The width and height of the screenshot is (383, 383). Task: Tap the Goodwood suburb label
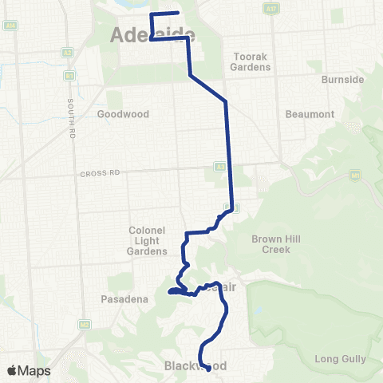tap(123, 114)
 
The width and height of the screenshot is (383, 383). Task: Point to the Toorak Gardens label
tap(252, 61)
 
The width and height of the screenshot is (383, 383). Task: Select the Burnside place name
tap(342, 81)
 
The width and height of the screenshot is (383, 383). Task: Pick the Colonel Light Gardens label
tap(147, 240)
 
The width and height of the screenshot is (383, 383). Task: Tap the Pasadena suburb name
tap(121, 299)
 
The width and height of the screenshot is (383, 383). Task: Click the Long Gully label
tap(338, 359)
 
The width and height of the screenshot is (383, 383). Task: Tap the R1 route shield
tap(69, 76)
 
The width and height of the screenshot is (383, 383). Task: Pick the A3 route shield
tap(219, 167)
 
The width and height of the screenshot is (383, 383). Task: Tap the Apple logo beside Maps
tap(13, 370)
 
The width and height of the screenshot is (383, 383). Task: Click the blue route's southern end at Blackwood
tap(207, 369)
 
